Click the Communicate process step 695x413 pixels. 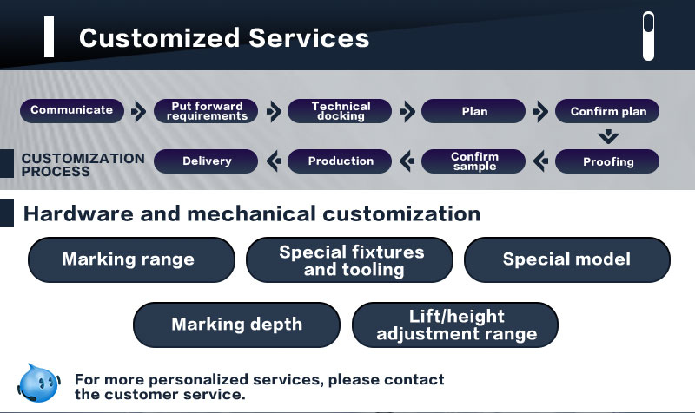[72, 110]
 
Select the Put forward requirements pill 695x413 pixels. [206, 111]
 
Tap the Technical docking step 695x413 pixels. [341, 111]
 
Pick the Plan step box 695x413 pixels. [473, 111]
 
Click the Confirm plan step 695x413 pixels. [607, 111]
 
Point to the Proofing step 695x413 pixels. [607, 161]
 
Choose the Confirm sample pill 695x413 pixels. [473, 161]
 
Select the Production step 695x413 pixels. [341, 161]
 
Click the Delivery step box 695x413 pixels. [206, 161]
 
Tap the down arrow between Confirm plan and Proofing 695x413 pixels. [608, 136]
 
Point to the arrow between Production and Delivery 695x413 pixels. [273, 161]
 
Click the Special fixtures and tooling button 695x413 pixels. [350, 260]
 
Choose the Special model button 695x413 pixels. [566, 259]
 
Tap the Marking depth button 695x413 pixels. [236, 324]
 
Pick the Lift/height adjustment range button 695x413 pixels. [455, 324]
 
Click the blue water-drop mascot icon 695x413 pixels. [39, 382]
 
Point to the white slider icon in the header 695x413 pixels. [648, 36]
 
